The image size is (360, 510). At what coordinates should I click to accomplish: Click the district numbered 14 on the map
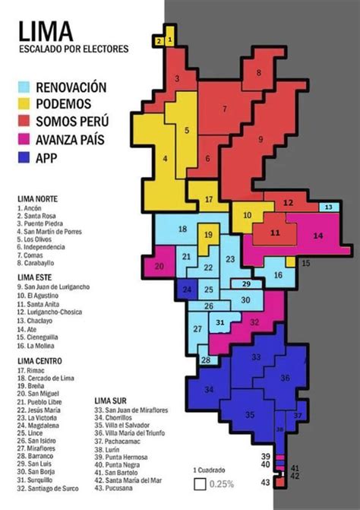[x=317, y=235]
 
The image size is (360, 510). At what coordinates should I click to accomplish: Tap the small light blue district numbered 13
[x=327, y=207]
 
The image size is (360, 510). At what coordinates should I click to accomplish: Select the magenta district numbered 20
[x=159, y=267]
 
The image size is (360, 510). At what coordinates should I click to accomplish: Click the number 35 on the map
[x=250, y=415]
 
